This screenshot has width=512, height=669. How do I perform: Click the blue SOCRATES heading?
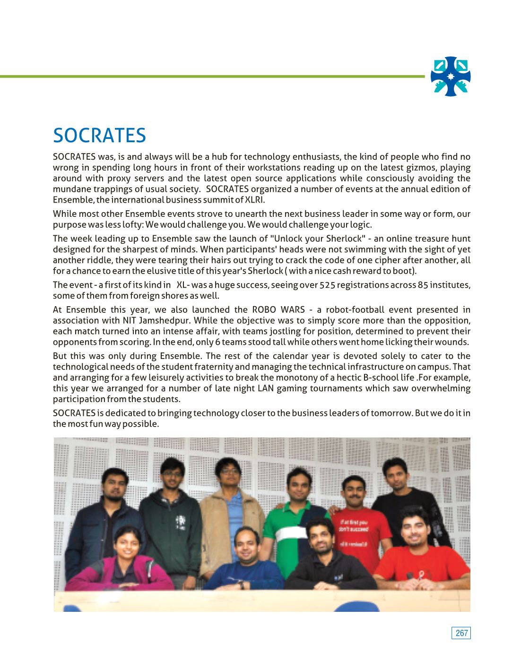99,136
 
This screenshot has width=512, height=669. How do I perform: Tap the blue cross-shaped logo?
451,76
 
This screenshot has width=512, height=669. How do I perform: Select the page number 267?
461,633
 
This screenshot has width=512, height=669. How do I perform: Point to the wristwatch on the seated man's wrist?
241,585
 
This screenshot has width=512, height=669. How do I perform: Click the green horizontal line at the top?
213,76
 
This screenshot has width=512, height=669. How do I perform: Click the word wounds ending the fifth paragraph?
454,342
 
